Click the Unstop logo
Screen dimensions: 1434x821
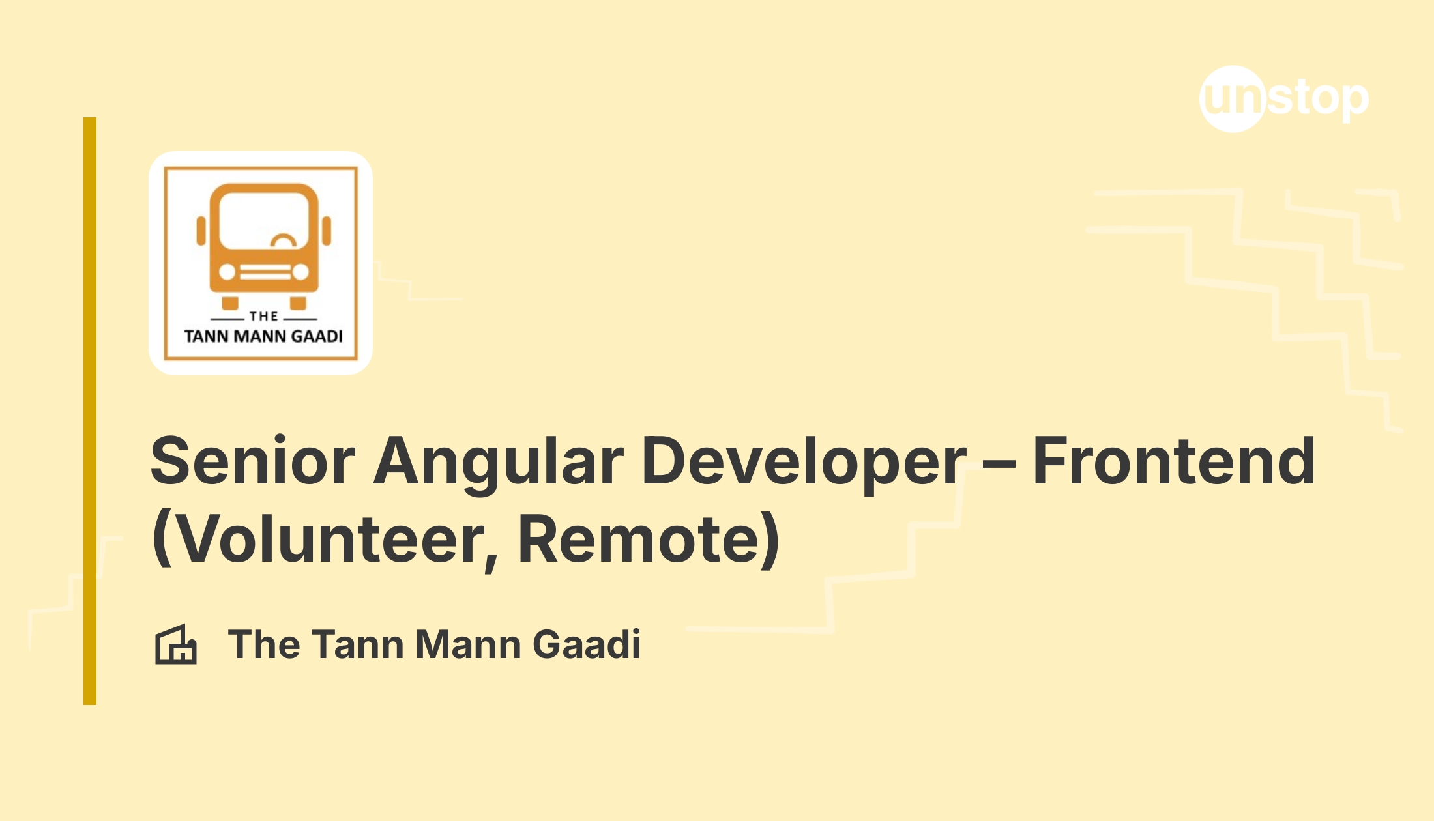coord(1283,99)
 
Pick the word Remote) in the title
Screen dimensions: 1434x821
coord(649,540)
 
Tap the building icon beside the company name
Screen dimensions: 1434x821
coord(175,644)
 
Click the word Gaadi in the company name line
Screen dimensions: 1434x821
coord(587,644)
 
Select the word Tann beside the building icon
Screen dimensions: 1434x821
coord(360,644)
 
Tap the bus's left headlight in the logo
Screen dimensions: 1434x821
coord(227,272)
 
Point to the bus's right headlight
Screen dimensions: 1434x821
coord(300,272)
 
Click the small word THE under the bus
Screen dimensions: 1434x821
coord(264,317)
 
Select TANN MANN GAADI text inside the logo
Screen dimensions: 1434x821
coord(263,336)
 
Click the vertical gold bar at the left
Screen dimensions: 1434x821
coord(90,411)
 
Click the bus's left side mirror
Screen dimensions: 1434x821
coord(201,231)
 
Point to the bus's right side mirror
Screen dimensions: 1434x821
coord(327,231)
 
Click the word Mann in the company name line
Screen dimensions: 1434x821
coord(469,644)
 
